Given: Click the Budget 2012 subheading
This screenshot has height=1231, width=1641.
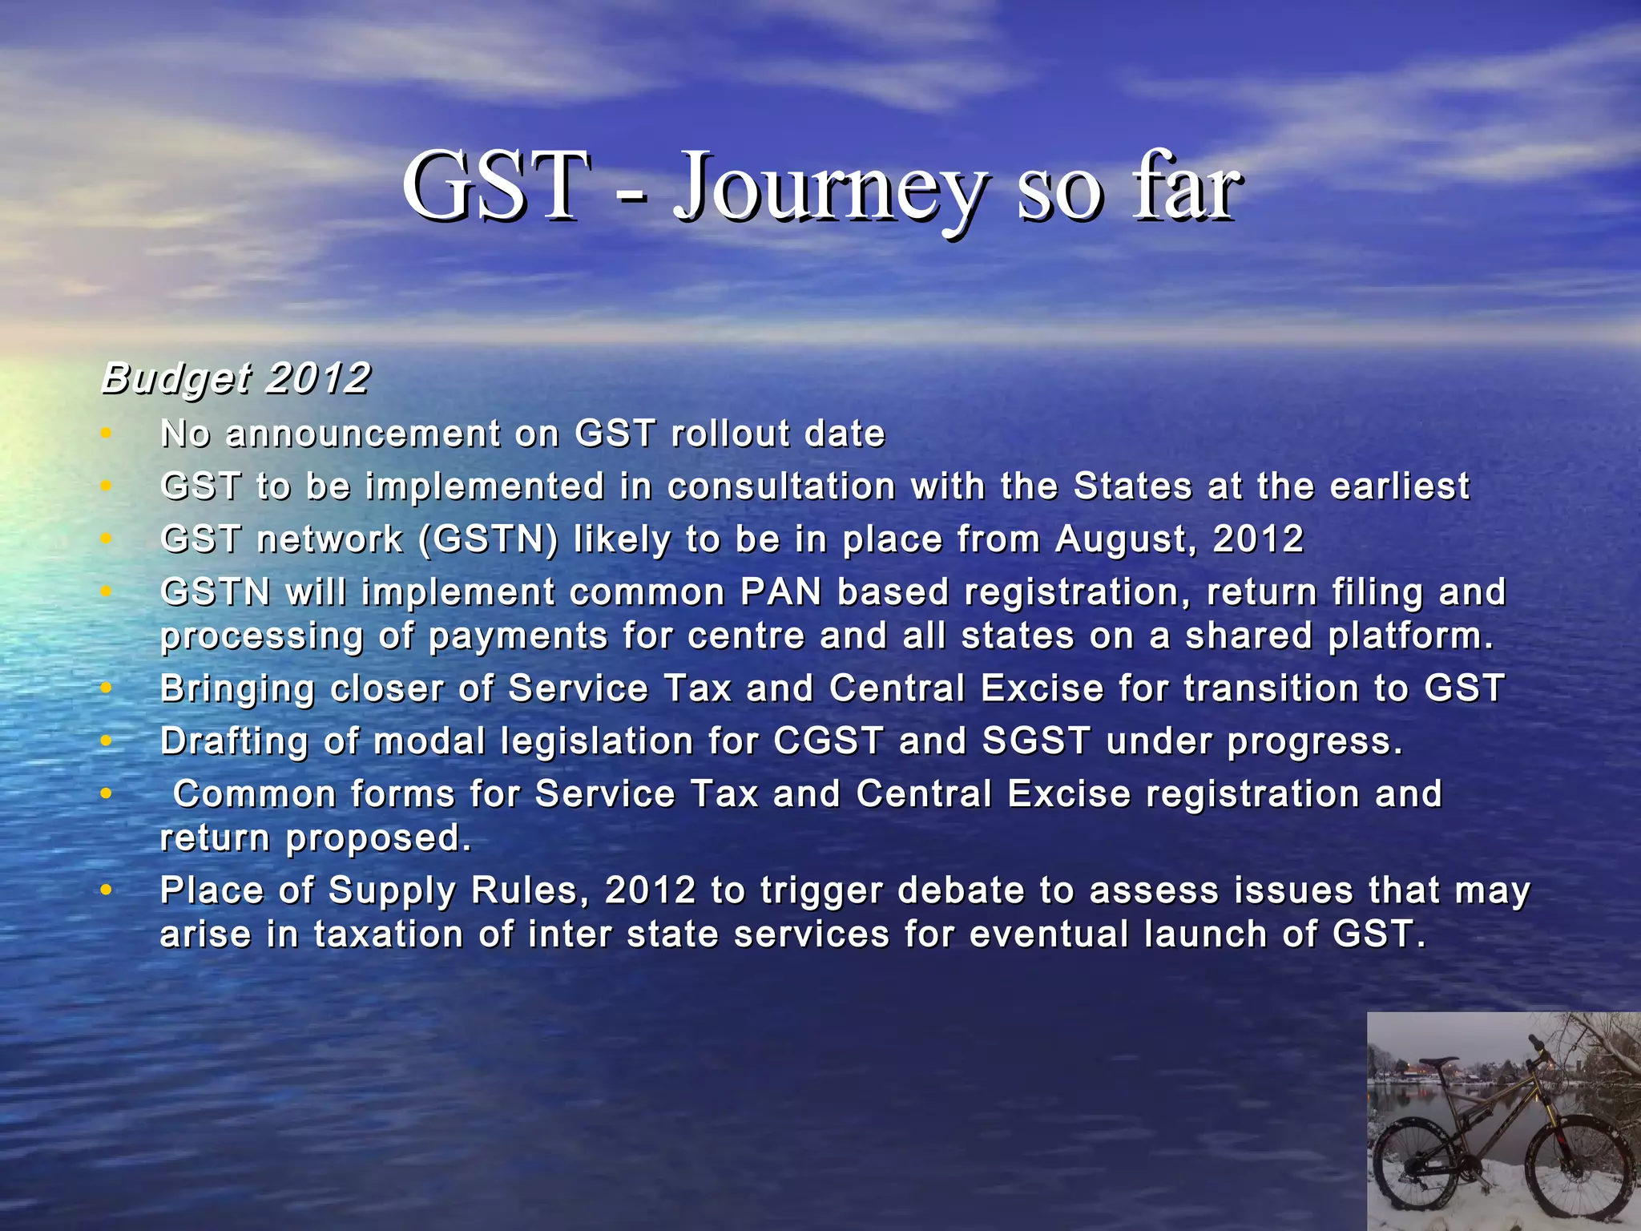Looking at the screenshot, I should (236, 377).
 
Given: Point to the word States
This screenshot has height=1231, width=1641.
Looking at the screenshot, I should (1132, 486).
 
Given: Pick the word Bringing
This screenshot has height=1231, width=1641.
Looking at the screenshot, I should (236, 689).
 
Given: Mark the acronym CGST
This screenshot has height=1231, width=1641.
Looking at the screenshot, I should (828, 741).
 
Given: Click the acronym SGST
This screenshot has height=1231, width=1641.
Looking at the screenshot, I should (1035, 741).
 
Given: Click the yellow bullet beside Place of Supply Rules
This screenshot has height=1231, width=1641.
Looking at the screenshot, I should (106, 890).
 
